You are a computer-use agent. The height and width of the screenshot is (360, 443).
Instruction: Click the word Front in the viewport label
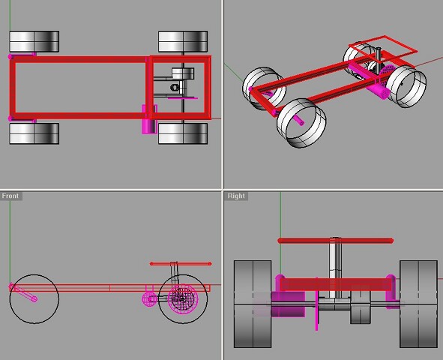coord(10,196)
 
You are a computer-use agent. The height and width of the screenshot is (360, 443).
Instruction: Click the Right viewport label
coord(236,196)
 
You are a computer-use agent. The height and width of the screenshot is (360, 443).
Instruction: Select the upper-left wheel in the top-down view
coord(34,41)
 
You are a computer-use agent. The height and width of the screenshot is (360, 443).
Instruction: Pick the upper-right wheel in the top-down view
coord(183,41)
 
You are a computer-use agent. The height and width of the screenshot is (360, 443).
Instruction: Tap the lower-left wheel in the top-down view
coord(34,134)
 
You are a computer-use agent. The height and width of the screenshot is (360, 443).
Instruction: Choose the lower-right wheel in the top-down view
coord(183,134)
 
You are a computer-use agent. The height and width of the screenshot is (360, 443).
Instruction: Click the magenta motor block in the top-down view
coord(148,119)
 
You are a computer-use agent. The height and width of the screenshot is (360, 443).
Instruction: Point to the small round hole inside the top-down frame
coord(175,88)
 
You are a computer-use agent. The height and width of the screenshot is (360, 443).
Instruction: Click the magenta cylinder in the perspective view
coord(380,91)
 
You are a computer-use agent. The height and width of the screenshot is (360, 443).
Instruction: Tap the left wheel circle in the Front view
coord(34,299)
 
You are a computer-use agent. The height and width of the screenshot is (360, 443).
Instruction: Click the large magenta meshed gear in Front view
coord(180,300)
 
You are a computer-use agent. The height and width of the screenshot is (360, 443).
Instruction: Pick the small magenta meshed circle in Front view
coord(150,298)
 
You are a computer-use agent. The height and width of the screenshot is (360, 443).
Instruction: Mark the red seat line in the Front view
coord(181,264)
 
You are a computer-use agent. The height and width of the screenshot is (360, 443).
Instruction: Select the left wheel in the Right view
coord(253,304)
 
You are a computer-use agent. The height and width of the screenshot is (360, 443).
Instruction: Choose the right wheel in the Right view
coord(418,304)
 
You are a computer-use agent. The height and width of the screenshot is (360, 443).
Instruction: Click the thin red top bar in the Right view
coord(335,241)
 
